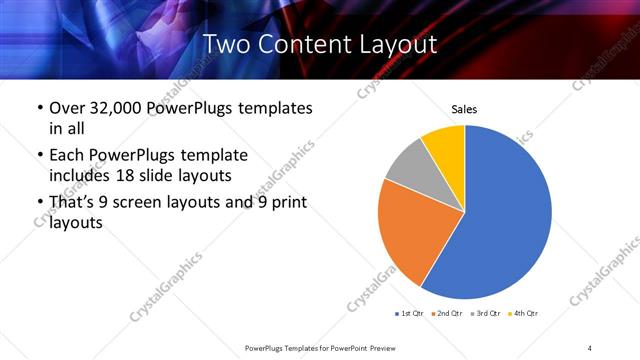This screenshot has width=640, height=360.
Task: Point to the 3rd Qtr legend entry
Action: [x=486, y=314]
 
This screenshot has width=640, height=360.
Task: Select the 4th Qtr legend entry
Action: [x=524, y=314]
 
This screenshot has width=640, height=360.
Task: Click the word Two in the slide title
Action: [x=226, y=44]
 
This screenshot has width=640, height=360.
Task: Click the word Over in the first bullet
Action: [x=67, y=107]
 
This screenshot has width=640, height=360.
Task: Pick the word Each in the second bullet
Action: [x=67, y=156]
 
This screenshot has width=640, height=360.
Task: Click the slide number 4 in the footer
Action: [x=590, y=347]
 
